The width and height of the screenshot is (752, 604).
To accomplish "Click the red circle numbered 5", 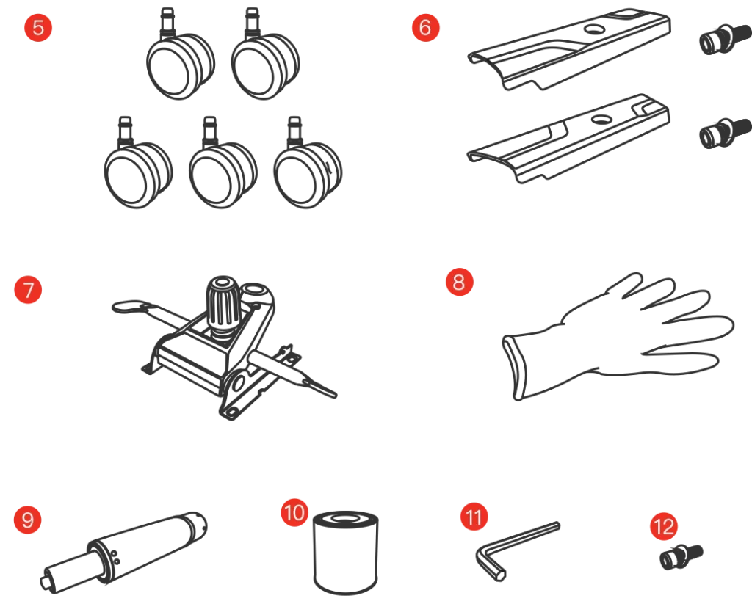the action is coord(38,27).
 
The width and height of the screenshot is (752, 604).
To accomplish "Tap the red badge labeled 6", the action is coord(425,27).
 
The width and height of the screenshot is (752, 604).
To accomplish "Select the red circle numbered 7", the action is coord(29,290).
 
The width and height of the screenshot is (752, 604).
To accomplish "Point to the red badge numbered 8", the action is coord(460,282).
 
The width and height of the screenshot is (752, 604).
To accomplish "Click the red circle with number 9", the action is coord(28,519).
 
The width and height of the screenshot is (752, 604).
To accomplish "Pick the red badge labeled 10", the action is coord(294,512).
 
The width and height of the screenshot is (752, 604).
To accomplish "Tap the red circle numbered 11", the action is coord(474,517).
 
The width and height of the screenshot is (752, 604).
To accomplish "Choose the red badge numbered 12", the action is coord(664,527).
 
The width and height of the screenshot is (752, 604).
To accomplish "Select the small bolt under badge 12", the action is coord(681,557).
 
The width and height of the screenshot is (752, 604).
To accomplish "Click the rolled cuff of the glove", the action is coord(515,367).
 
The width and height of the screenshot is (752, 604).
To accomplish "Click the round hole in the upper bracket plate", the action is coord(594,29).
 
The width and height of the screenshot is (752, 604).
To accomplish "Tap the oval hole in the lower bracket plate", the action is coord(601,119).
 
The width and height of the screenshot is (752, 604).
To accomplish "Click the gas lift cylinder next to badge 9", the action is coord(123,551).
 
